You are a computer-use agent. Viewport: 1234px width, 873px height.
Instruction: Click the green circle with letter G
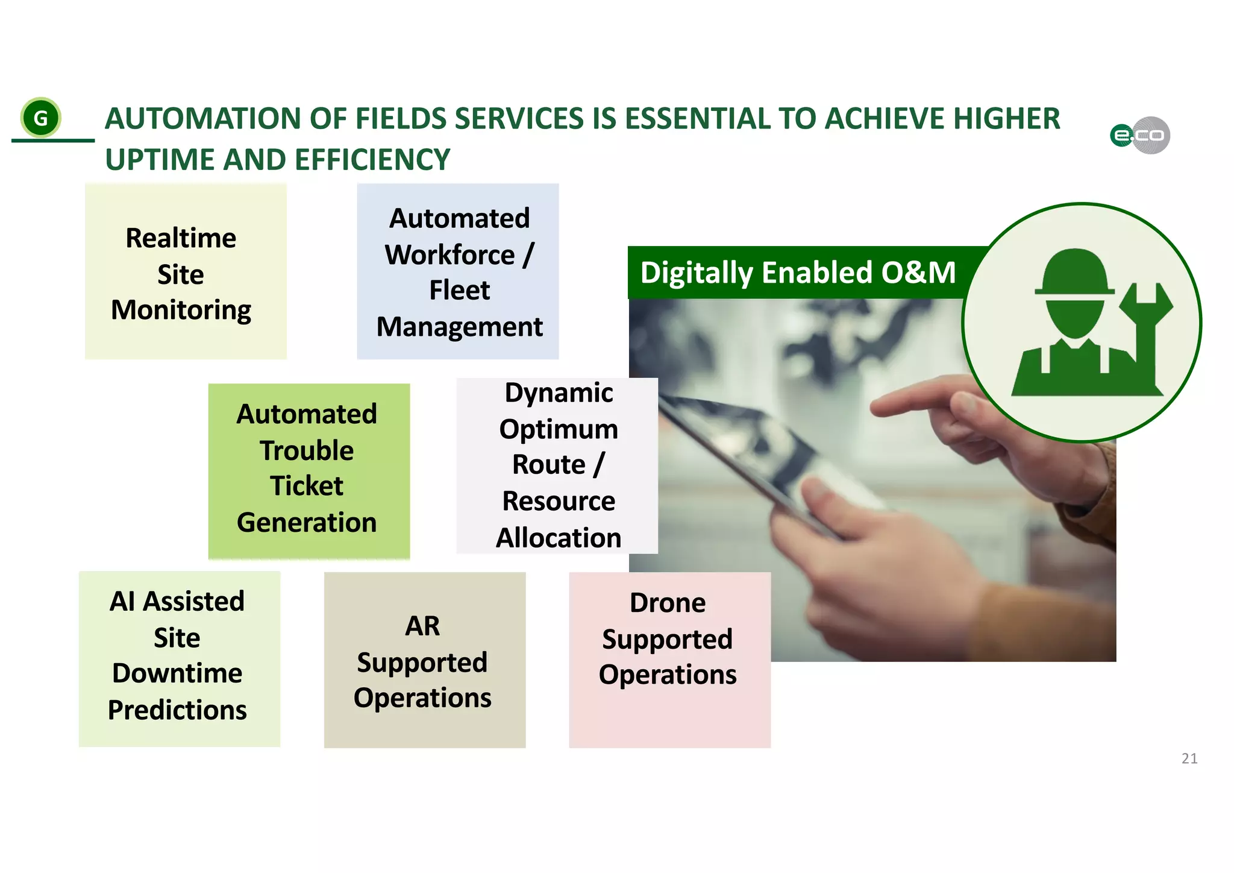pos(40,118)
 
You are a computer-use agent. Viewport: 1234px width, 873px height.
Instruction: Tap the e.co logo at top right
pos(1140,135)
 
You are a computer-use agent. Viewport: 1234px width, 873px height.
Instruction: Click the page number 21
pos(1189,758)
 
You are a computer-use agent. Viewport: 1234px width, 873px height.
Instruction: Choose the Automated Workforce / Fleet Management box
pos(458,272)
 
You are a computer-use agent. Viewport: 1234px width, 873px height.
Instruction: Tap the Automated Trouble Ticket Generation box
pos(308,470)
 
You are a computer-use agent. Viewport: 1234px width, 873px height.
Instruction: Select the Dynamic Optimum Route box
pos(557,465)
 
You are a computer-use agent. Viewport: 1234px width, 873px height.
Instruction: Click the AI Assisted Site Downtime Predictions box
pos(179,658)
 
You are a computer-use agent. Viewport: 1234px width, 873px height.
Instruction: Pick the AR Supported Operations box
pos(424,660)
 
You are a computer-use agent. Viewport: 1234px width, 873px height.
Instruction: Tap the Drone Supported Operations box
pos(669,660)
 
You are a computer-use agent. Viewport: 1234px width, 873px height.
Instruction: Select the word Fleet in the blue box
pos(459,291)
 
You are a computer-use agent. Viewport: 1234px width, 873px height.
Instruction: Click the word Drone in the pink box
pos(667,603)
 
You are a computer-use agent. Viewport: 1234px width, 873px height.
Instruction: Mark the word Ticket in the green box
pos(306,486)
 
